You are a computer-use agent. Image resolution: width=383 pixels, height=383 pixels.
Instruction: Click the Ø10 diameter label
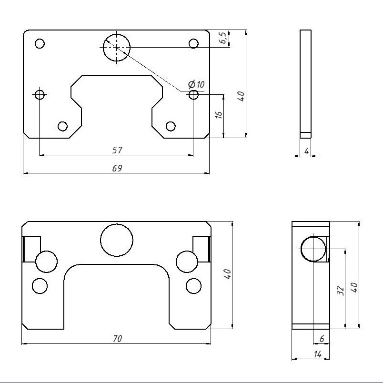point(196,85)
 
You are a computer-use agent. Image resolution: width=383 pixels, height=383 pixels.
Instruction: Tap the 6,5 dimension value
point(222,39)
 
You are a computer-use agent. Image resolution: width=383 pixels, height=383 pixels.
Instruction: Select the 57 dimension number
point(117,150)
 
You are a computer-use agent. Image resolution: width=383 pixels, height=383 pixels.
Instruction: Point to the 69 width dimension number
point(117,168)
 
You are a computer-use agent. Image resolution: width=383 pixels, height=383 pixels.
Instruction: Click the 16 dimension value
point(219,115)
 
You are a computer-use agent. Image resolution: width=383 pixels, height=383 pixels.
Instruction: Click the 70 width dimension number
point(117,339)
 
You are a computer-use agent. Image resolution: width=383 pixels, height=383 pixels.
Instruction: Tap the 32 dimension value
point(340,291)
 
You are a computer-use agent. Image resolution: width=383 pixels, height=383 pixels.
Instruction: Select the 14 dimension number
point(318,354)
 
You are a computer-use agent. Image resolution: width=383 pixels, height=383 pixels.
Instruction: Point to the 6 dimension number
point(322,339)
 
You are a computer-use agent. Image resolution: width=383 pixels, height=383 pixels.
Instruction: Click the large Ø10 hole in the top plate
point(116,48)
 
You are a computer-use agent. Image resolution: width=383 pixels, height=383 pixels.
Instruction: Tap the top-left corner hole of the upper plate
point(40,44)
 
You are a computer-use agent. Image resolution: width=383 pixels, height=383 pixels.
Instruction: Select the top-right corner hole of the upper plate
point(193,44)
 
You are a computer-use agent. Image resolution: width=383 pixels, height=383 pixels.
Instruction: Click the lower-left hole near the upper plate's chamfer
point(62,126)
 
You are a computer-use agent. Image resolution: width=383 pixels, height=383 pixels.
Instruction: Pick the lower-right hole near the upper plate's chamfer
point(171,126)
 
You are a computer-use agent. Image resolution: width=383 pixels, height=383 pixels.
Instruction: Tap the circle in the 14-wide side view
point(313,249)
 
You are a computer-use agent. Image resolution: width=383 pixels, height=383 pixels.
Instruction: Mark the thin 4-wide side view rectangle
point(306,84)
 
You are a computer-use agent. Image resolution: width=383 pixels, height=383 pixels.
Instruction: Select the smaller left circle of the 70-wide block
point(40,286)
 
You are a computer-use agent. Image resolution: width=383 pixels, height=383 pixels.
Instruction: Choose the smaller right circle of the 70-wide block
point(193,286)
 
